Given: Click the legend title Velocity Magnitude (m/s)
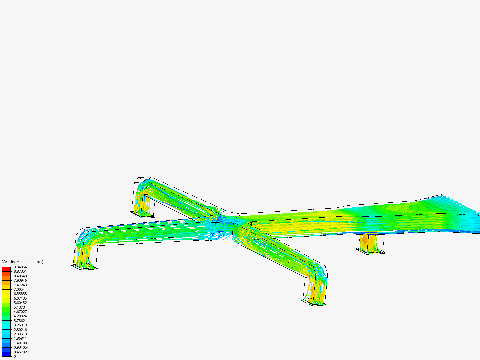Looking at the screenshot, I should (23, 262).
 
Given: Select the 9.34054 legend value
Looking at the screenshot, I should (20, 267).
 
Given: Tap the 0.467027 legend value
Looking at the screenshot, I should (21, 352).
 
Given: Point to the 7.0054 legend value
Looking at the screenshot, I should (19, 289).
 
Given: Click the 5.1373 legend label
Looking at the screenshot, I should (19, 307).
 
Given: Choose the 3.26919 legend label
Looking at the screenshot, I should (20, 325).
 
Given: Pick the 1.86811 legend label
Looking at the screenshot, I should (20, 338).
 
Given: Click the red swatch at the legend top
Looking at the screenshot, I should (6, 269).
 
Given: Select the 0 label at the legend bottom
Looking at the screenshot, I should (15, 356).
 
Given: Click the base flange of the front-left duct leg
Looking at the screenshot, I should (84, 267).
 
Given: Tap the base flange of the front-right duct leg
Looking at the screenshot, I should (314, 302).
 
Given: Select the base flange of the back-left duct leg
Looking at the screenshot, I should (142, 215).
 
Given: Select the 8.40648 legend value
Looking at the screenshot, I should (20, 276).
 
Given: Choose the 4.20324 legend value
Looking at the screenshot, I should (20, 316).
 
